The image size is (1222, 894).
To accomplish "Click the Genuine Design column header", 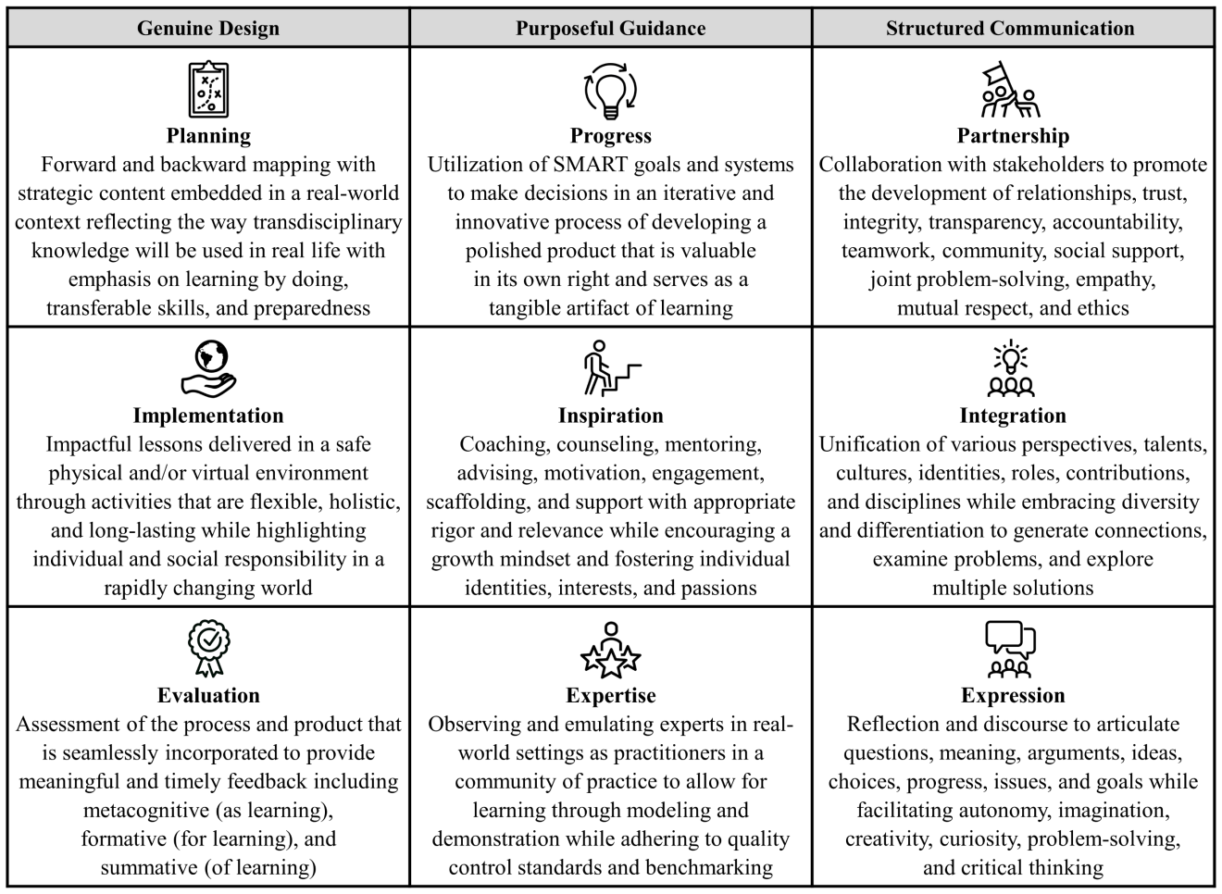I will [208, 29].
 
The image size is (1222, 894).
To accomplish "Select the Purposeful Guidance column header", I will [611, 29].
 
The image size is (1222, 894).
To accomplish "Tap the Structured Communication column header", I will [1010, 29].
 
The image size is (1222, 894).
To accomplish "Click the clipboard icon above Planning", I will [208, 90].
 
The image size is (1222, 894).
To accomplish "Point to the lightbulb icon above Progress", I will [611, 90].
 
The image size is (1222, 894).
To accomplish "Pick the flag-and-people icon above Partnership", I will [1011, 90].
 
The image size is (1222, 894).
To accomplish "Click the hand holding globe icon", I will [208, 368].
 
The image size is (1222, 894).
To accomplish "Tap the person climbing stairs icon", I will [611, 368].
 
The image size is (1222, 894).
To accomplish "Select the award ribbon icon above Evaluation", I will [208, 648].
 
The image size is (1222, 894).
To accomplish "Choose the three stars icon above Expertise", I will [611, 648].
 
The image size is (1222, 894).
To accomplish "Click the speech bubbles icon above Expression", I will [1011, 648].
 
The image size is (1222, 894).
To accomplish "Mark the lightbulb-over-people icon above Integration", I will [1011, 368].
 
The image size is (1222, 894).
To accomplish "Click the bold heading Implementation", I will [208, 416].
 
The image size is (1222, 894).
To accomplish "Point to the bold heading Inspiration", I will [611, 416].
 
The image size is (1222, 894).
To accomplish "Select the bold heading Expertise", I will [611, 696].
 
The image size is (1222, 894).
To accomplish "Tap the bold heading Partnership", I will [1013, 136].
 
